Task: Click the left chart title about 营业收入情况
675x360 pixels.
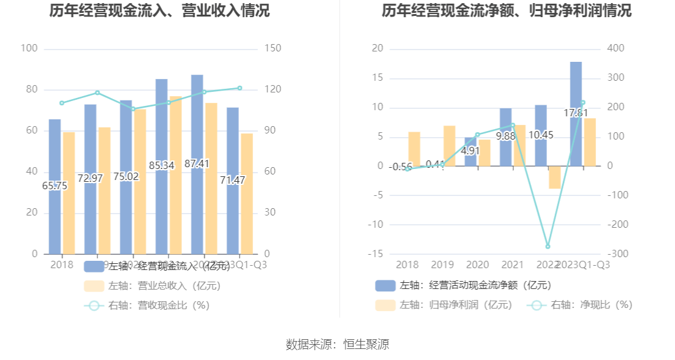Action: pos(159,12)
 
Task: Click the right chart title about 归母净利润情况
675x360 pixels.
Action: pos(507,12)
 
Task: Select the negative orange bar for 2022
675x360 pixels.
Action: pos(555,177)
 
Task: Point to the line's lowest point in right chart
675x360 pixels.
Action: pos(548,246)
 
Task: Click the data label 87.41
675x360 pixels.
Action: pos(197,163)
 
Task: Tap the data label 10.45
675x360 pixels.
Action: pos(541,135)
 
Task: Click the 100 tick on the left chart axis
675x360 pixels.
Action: pos(29,49)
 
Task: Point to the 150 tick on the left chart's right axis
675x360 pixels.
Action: pos(273,49)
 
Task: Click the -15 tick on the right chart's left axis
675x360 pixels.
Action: pos(377,253)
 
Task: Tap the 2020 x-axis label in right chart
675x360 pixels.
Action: pos(478,264)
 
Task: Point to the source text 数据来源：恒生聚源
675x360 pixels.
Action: pos(337,344)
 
